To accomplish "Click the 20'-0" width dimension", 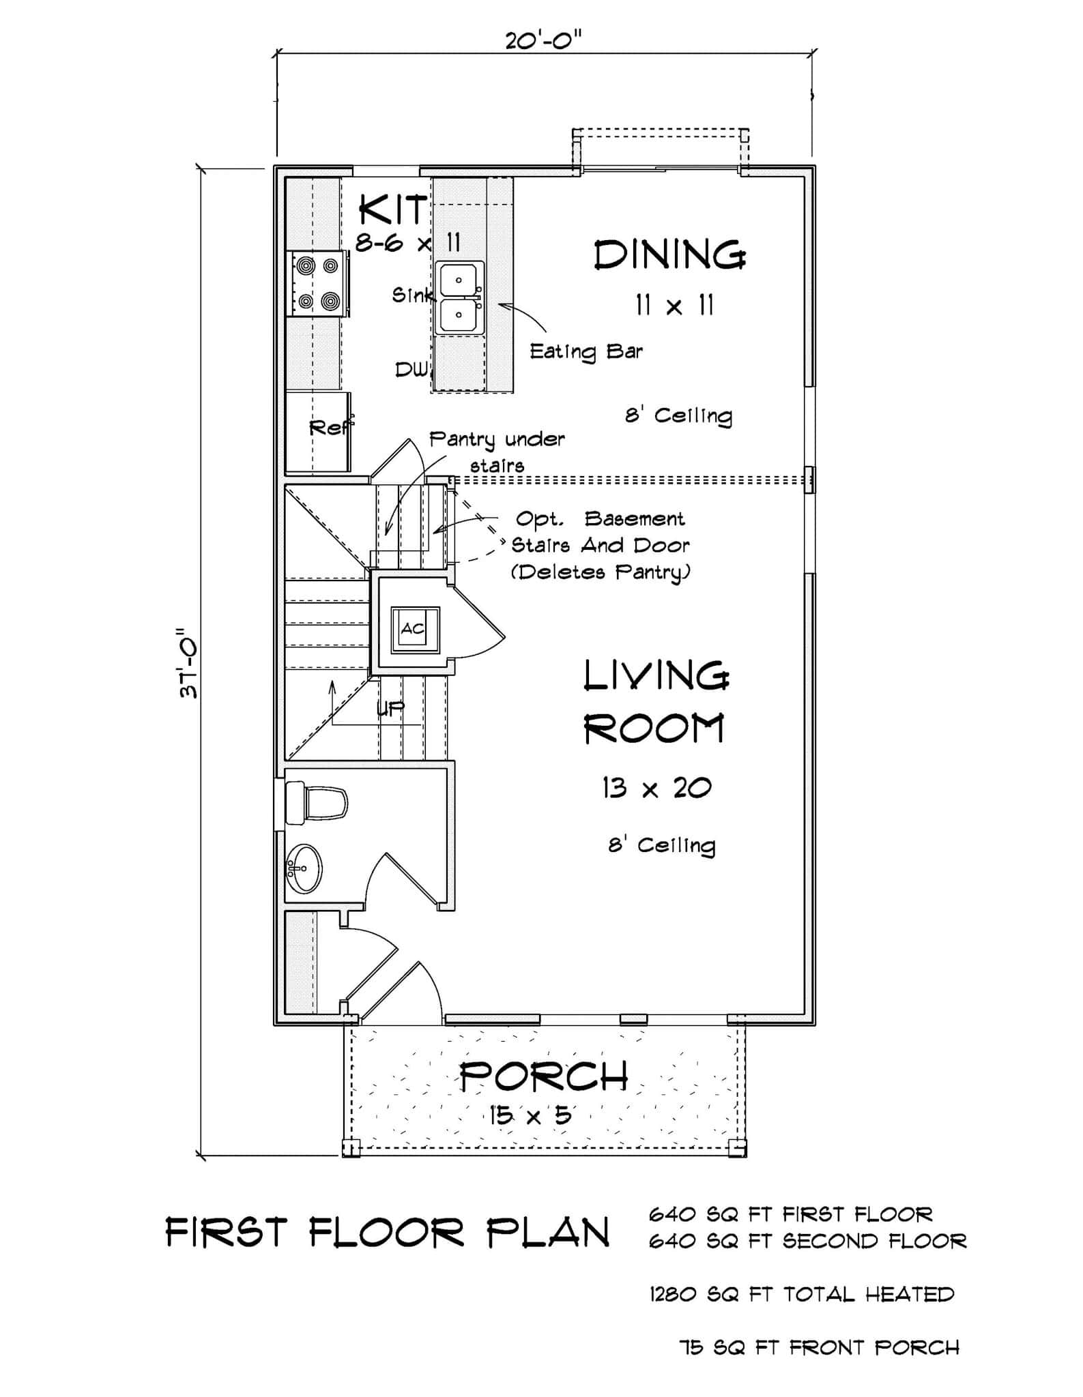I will [543, 41].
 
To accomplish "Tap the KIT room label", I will [392, 209].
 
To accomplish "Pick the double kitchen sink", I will [460, 298].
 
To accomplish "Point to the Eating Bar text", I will [586, 351].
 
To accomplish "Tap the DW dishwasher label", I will [411, 370].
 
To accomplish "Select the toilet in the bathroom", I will [316, 802].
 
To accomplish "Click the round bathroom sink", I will [304, 868].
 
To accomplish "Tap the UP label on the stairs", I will [390, 709].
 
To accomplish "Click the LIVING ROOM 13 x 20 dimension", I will [656, 789].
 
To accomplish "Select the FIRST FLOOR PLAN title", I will [388, 1233].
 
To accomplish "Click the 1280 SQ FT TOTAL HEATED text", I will [801, 1294].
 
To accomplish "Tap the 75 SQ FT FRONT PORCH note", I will [819, 1347].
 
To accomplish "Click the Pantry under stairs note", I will [497, 451].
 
